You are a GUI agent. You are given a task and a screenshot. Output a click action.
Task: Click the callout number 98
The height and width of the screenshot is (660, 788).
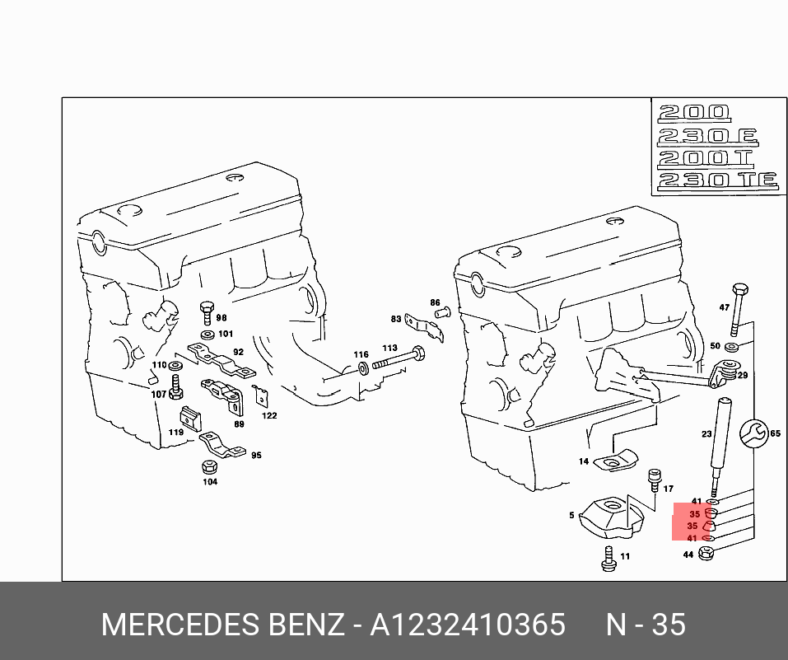[221, 318]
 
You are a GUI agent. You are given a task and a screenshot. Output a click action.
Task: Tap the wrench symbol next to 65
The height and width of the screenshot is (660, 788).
[752, 433]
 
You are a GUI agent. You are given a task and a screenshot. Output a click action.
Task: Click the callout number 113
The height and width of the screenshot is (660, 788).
[389, 349]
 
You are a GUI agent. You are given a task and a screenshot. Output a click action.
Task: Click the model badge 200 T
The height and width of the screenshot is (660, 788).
[706, 157]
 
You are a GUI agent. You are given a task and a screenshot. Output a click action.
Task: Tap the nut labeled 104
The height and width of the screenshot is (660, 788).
[209, 467]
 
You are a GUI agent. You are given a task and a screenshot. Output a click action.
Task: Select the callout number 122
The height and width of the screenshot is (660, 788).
[269, 415]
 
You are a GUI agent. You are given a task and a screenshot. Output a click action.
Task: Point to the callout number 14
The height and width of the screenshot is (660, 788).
[584, 462]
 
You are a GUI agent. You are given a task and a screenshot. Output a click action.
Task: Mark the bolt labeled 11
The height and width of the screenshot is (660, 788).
[608, 561]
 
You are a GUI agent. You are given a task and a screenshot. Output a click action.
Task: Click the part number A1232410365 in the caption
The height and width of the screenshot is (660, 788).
[467, 625]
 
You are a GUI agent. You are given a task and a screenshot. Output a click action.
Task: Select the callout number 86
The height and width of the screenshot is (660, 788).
[435, 303]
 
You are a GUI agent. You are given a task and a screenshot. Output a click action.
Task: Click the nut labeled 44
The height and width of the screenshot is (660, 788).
[706, 555]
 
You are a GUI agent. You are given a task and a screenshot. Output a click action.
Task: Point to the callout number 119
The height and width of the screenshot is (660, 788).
[176, 432]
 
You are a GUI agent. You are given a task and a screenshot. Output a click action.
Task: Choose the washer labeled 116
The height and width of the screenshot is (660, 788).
[362, 367]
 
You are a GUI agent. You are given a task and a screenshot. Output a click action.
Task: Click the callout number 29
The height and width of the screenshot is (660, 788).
[742, 376]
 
